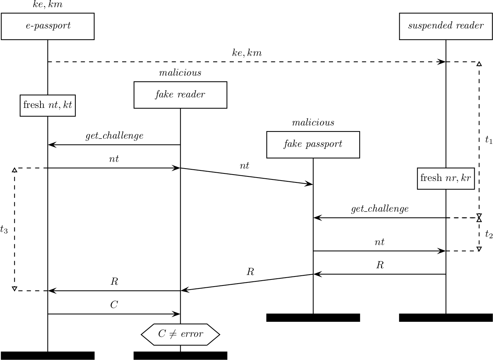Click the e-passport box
coord(48,26)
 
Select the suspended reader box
coord(445,26)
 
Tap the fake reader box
coord(180,95)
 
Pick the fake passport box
coord(313,145)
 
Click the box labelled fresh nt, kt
coord(48,105)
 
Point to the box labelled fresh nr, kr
coord(445,178)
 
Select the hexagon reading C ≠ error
coord(180,334)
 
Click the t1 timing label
coord(489,140)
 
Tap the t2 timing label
coord(489,235)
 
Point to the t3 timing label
coord(4,229)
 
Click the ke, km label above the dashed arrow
coord(247,53)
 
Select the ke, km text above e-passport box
coord(48,5)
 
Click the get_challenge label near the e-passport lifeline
coord(114,136)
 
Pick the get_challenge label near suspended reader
coord(379,209)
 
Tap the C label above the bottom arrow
coord(114,305)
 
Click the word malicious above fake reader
coord(180,73)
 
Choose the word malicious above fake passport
coord(313,122)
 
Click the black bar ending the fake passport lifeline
coord(313,318)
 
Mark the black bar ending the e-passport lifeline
coord(48,356)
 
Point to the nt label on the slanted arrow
coord(244,166)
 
